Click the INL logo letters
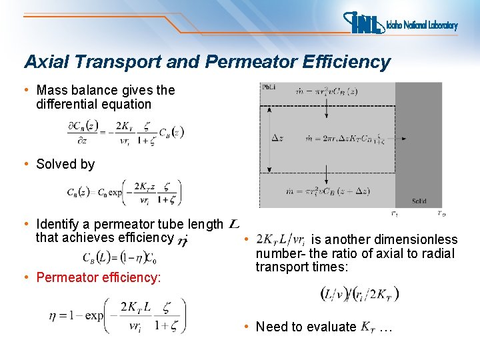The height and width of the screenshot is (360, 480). [366, 24]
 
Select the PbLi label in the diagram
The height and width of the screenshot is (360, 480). [268, 87]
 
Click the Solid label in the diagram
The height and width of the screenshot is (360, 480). [419, 201]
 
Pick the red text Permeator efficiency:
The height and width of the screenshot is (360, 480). [99, 277]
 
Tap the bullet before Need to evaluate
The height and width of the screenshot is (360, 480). [246, 327]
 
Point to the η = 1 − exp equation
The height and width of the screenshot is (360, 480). [116, 316]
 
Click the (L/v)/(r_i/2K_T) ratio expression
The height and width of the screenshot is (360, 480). [359, 293]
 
